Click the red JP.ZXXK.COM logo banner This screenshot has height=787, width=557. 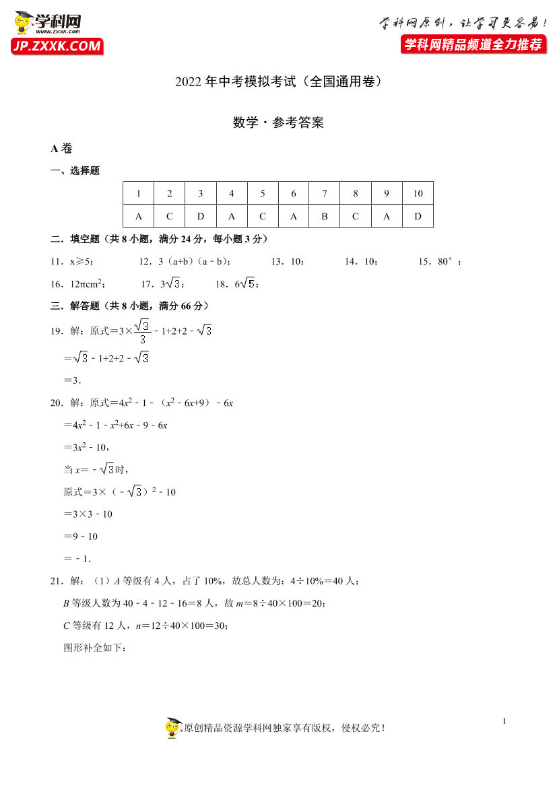pos(57,46)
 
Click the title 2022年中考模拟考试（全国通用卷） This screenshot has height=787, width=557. pos(278,82)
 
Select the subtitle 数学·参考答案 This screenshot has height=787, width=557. pos(278,123)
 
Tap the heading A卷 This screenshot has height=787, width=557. pos(61,149)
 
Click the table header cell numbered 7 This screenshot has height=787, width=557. pos(325,194)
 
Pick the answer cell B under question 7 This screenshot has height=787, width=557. pos(325,216)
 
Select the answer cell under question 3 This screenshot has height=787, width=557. pos(201,216)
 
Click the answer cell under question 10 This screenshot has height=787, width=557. pos(418,216)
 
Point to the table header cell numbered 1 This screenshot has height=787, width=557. pos(139,194)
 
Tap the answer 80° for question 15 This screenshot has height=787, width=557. pos(447,262)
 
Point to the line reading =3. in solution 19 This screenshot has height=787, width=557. pos(72,380)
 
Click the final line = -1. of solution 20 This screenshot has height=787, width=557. pos(77,558)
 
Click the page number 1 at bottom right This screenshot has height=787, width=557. pos(504,722)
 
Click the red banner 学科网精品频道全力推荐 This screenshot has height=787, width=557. pos(472,44)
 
